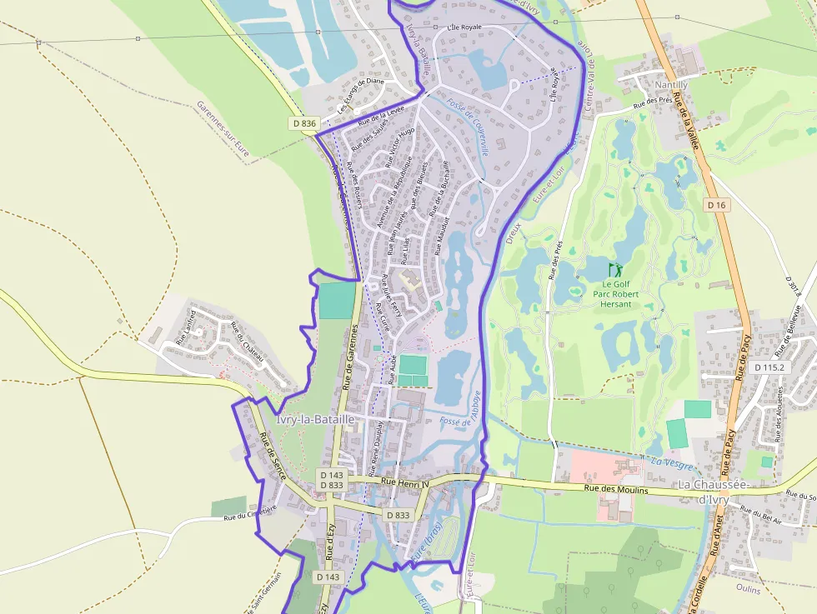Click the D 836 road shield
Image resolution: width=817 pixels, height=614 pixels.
305,123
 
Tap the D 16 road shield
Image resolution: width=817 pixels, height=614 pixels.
717,205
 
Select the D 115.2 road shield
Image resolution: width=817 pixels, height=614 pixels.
769,367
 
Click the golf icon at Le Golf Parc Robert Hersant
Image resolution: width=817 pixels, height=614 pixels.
615,270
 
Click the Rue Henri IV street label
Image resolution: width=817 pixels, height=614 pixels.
404,482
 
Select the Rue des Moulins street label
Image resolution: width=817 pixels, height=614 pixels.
616,490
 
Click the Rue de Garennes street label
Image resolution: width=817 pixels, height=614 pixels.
350,359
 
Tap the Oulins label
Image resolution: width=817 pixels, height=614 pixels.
749,588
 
